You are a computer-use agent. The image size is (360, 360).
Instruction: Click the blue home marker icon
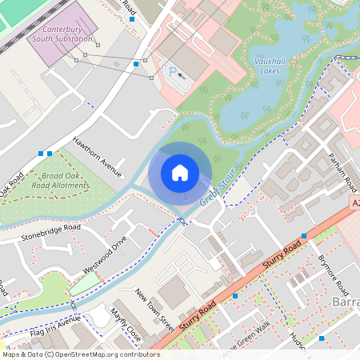(179, 173)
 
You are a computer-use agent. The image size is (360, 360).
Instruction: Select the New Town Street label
(154, 310)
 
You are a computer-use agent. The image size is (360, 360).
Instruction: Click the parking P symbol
(171, 71)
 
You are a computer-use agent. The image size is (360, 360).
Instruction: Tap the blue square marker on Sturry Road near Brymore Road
(304, 236)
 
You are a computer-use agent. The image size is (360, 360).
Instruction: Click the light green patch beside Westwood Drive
(85, 283)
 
